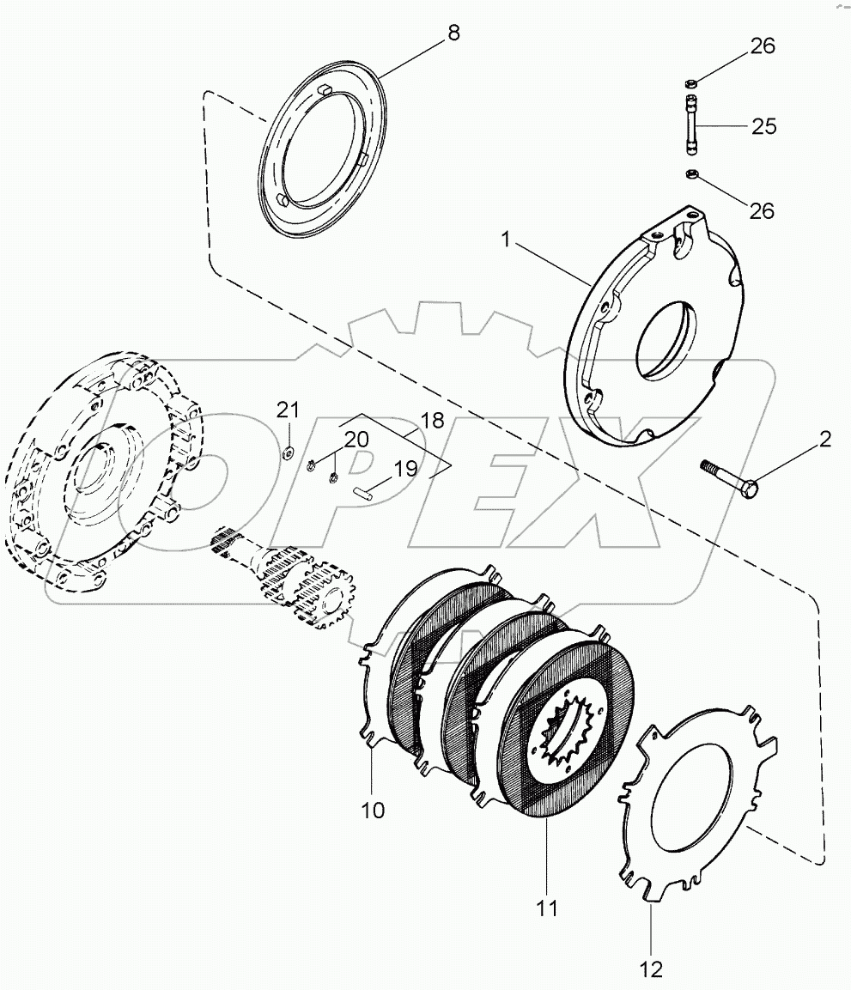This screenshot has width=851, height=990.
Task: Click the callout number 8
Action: pos(453,33)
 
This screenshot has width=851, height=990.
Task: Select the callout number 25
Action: pos(763,127)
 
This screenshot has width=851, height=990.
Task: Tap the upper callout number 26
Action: pos(763,46)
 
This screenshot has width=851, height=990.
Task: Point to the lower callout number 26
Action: pos(762,210)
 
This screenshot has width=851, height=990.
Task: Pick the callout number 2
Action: pos(824,440)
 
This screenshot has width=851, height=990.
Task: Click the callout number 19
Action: pos(405,469)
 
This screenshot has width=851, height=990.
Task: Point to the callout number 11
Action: pos(547,907)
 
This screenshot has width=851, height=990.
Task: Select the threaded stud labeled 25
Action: pos(690,126)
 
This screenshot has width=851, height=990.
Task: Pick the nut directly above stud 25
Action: pos(690,82)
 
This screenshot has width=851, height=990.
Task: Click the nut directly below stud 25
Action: pos(690,176)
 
